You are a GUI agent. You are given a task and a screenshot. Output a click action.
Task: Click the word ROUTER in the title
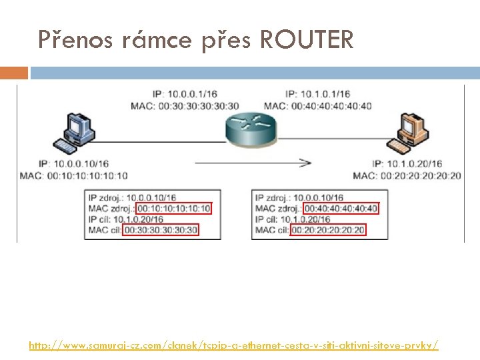pos(307,41)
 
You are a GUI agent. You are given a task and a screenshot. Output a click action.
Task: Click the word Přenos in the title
pos(78,41)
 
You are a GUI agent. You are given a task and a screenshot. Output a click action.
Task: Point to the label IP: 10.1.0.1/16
pos(317,95)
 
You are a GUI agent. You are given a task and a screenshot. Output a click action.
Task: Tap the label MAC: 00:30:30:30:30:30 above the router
pos(185,105)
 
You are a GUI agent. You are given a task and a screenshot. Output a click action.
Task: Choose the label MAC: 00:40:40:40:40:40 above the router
pos(317,105)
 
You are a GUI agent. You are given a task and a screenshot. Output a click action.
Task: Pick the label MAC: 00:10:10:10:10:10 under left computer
pos(73,175)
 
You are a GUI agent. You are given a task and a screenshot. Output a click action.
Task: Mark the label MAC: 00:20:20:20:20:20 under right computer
pos(407,175)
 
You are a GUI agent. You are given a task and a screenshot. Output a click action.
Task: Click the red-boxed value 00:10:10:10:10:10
pos(173,209)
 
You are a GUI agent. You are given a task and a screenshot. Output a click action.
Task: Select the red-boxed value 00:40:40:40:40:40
pos(341,209)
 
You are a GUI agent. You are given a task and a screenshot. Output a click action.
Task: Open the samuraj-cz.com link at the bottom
pos(233,345)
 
